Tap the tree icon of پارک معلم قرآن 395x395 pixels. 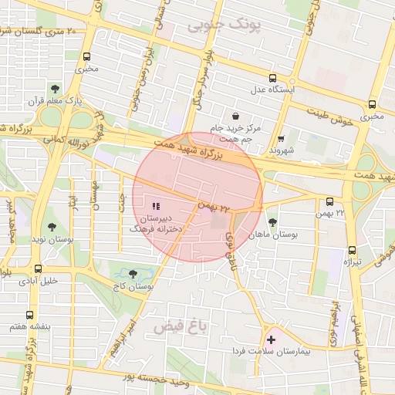pyautogui.click(x=54, y=88)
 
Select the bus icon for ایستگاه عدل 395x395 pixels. pyautogui.click(x=272, y=78)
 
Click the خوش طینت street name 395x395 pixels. pyautogui.click(x=334, y=117)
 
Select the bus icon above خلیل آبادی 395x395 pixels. pyautogui.click(x=38, y=268)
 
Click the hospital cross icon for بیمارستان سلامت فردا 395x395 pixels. pyautogui.click(x=271, y=339)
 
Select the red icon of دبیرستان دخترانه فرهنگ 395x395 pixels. pyautogui.click(x=156, y=207)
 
